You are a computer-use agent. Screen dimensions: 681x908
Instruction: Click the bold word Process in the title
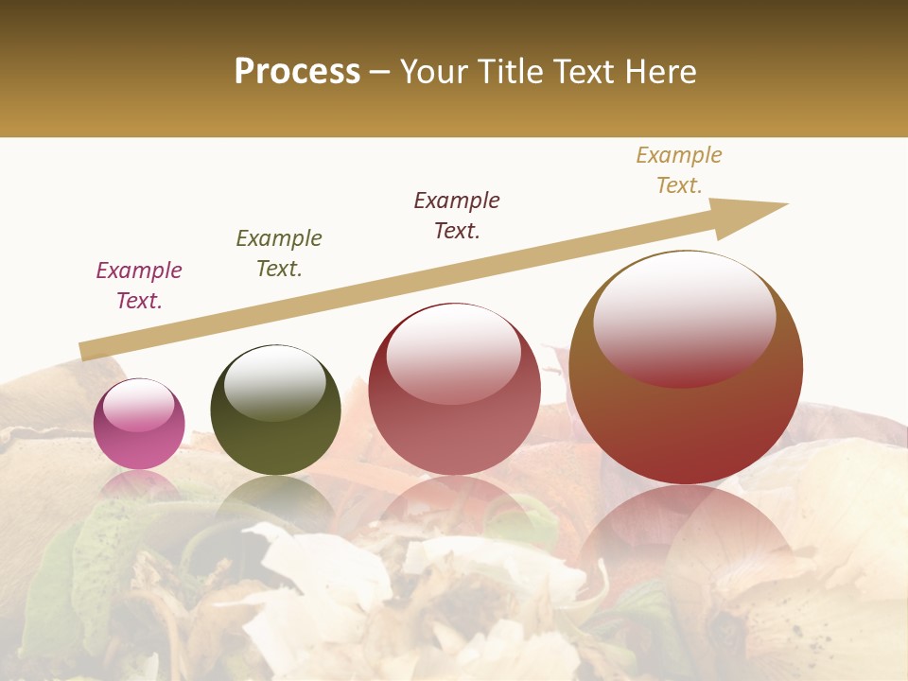coord(297,72)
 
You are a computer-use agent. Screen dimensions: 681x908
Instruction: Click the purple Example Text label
coord(139,286)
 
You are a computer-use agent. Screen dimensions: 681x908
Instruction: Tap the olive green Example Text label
coord(279,253)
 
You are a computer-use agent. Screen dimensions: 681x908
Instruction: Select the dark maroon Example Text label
coord(457,216)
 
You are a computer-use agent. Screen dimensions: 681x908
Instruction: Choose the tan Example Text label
coord(679,170)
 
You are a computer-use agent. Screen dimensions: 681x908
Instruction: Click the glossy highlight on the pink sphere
coord(139,405)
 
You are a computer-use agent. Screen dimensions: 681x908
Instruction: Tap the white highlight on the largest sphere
coord(684,316)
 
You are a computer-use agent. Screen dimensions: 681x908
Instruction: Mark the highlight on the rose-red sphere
coord(454,351)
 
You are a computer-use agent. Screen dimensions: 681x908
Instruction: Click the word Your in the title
coord(431,72)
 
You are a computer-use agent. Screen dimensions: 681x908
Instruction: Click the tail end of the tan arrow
coord(85,352)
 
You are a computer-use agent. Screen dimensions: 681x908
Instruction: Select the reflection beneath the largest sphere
coord(686,539)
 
